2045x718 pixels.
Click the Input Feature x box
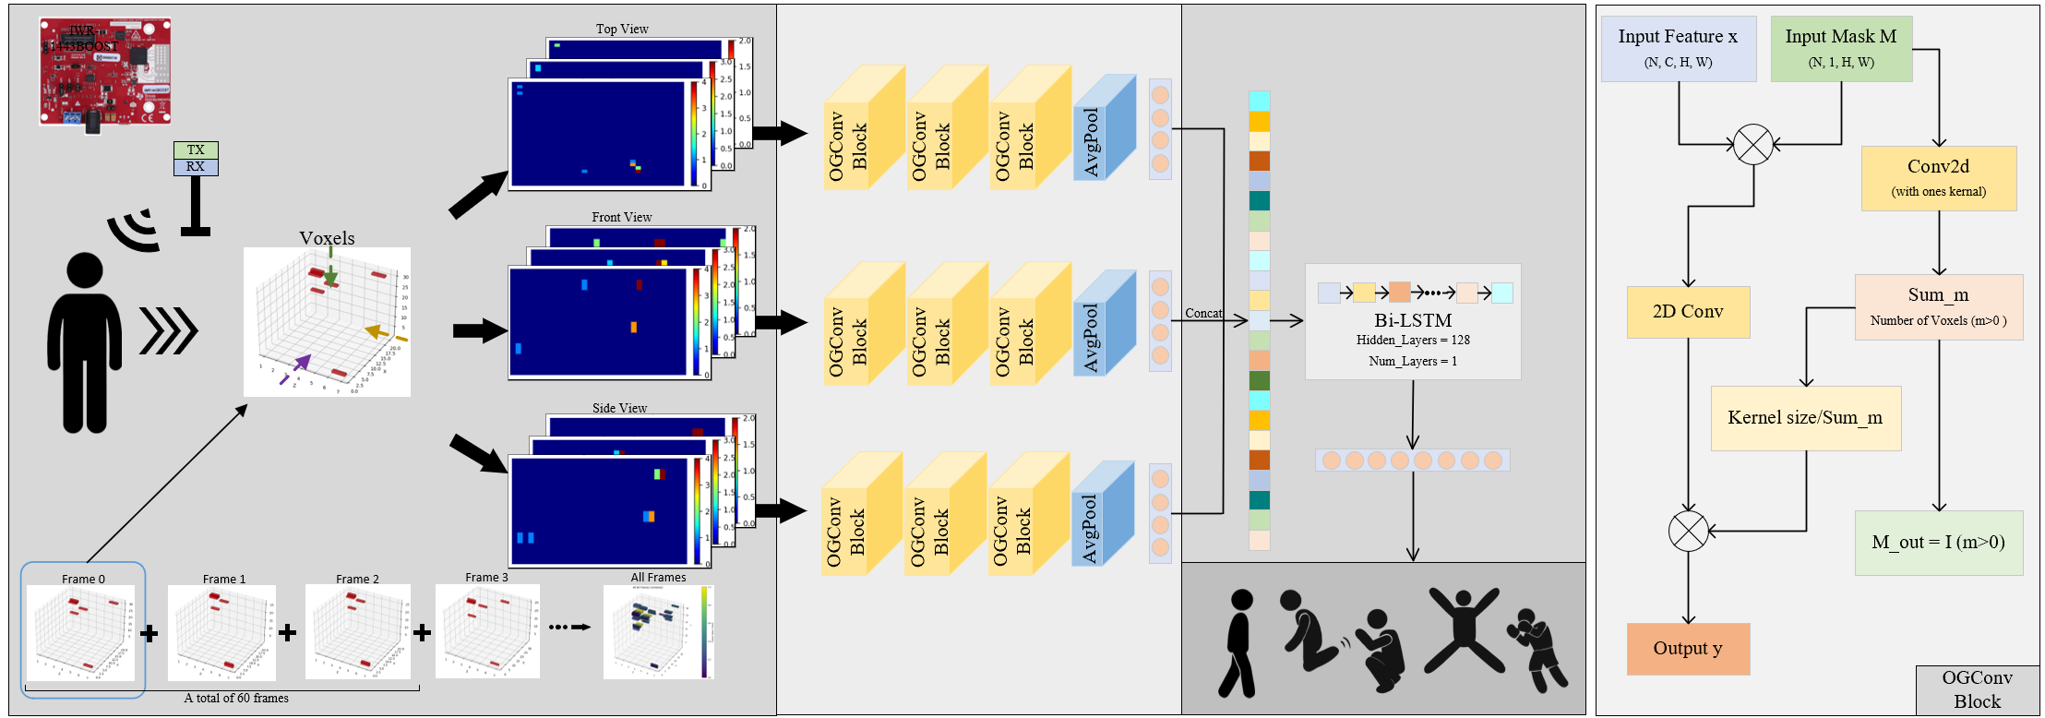point(1678,48)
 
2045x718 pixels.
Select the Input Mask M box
point(1840,48)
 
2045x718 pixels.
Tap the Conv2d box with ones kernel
point(1938,178)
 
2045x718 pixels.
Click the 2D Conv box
point(1687,312)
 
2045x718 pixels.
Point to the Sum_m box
point(1938,306)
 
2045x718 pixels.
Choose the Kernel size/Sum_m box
point(1805,418)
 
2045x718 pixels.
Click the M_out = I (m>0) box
point(1938,543)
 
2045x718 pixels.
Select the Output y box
point(1687,649)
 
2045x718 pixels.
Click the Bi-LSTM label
point(1413,320)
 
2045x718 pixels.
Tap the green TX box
point(196,150)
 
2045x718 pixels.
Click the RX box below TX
point(196,167)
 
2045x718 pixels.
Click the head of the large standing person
point(85,269)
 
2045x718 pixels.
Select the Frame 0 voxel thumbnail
point(81,632)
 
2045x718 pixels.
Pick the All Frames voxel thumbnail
point(658,632)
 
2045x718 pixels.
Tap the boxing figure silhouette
point(1537,649)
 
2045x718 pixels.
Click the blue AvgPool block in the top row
point(1104,134)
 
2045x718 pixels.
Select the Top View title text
point(622,29)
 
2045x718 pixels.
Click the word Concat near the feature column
point(1203,314)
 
